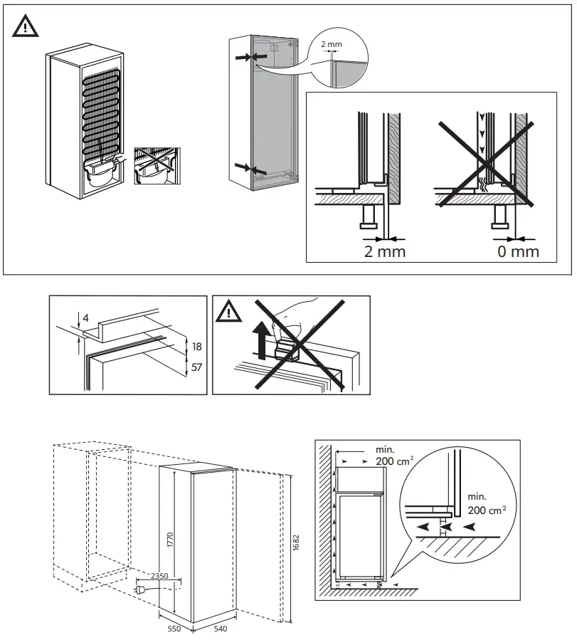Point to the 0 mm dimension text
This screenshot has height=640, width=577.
(518, 251)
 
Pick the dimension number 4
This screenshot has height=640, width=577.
(86, 318)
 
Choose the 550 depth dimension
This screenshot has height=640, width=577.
(175, 629)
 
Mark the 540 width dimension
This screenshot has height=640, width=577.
(220, 629)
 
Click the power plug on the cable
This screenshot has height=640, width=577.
(142, 589)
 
